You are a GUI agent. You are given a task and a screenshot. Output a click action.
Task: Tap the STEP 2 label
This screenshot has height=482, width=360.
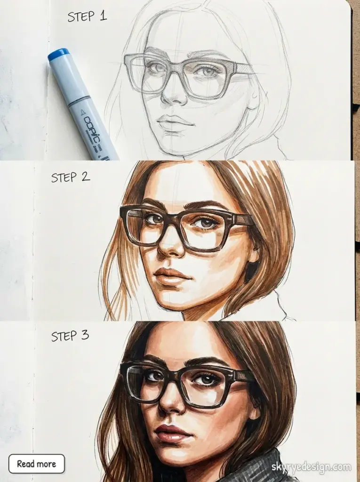71,177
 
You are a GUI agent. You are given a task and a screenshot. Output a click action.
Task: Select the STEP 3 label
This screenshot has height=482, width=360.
70,336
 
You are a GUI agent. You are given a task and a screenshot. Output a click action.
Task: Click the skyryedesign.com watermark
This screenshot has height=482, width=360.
311,467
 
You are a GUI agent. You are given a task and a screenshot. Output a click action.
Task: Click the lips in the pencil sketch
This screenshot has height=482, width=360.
175,123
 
